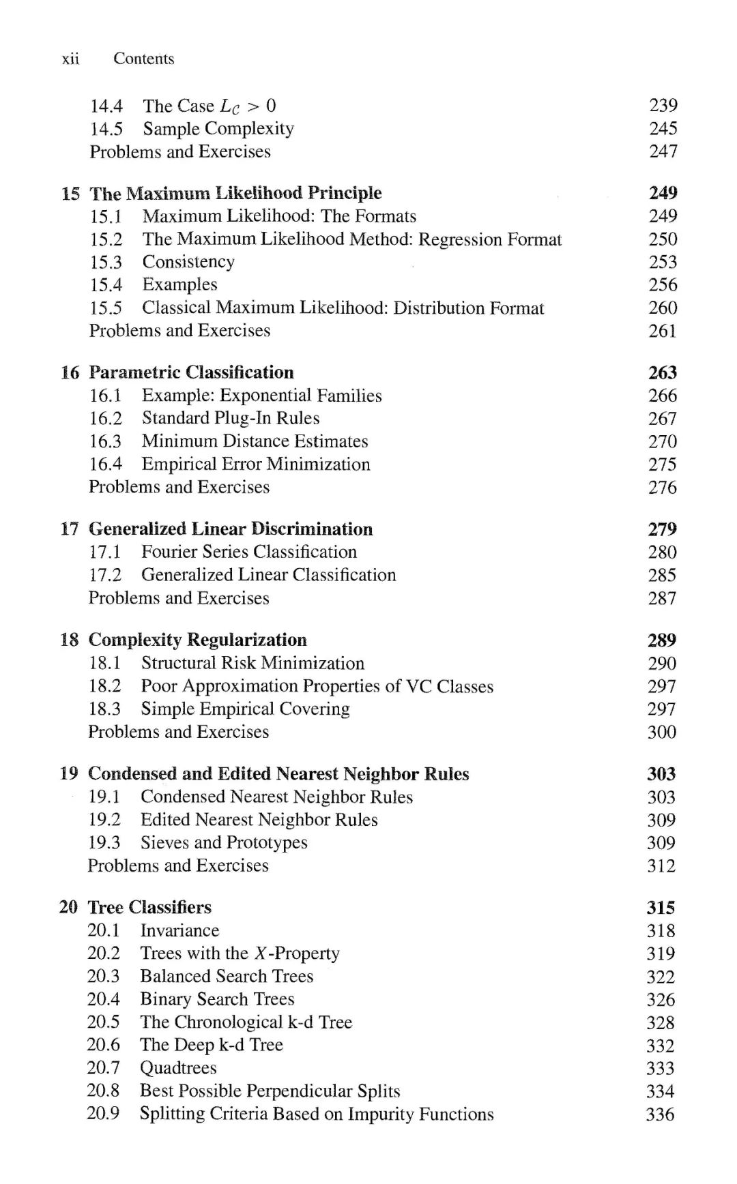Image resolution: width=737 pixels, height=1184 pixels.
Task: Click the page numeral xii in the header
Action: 70,59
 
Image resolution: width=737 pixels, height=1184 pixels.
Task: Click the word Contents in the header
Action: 143,59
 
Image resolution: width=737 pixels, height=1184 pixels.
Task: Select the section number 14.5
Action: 106,129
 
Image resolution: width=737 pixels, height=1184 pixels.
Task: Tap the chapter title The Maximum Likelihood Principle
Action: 235,193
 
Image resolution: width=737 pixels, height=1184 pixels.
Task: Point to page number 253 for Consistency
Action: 663,262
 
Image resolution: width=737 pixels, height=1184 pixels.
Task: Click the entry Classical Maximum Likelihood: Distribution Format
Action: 343,308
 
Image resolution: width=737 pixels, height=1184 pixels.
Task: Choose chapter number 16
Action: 70,372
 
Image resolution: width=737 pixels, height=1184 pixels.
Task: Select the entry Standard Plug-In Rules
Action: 231,418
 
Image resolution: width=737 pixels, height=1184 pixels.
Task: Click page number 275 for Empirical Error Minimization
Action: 662,464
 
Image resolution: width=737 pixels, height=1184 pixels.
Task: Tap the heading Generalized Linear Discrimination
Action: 231,529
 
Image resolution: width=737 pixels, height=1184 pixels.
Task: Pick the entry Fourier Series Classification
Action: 249,552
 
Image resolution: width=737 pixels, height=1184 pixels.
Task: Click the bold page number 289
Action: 661,640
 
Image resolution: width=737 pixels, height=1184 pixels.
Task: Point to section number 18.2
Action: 104,686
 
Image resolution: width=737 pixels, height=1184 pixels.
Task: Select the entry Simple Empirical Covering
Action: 245,709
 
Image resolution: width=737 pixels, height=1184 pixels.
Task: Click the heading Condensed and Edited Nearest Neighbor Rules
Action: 278,774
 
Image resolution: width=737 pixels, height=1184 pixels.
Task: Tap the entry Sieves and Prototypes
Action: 224,843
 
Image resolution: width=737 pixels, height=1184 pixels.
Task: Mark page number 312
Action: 661,866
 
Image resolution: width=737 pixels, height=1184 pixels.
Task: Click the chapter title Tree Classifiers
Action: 149,908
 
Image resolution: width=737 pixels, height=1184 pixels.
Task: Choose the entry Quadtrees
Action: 178,1068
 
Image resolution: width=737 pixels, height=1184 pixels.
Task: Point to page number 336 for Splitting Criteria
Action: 660,1114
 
